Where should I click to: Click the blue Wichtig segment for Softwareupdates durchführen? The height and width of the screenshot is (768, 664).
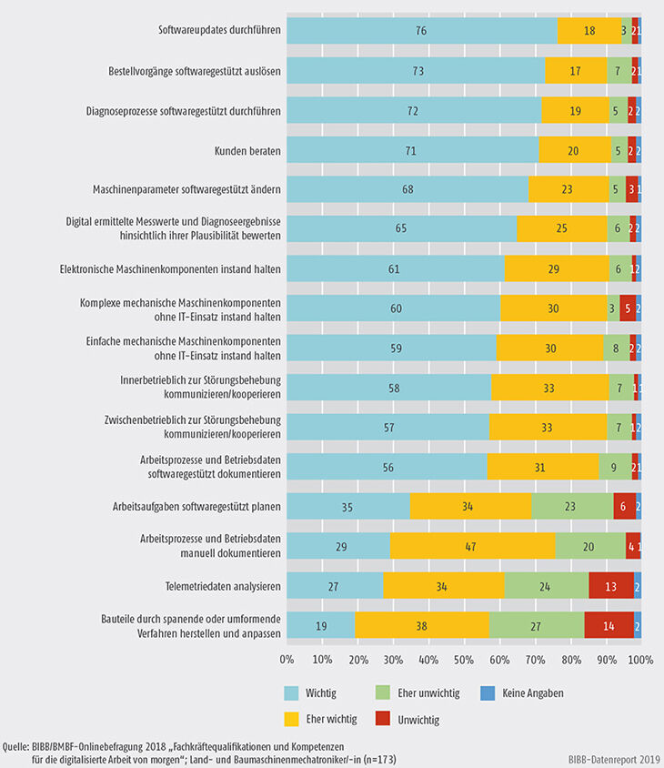click(422, 30)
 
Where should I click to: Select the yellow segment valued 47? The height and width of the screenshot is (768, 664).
click(472, 545)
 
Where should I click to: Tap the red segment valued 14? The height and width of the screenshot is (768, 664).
click(609, 625)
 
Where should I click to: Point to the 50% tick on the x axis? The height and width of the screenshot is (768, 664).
click(464, 658)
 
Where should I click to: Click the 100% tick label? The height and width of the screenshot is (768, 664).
click(639, 658)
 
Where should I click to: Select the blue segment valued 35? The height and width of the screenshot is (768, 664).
click(348, 506)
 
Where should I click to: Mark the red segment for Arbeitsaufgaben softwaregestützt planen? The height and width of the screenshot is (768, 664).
click(625, 506)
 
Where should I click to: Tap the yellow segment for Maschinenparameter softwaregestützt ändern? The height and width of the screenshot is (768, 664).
click(568, 189)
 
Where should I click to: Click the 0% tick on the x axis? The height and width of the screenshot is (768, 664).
click(287, 658)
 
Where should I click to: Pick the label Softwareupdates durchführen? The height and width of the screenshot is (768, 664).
click(219, 30)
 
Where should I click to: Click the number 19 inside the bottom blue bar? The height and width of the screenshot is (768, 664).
click(321, 625)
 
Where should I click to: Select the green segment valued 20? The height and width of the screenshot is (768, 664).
click(590, 545)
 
